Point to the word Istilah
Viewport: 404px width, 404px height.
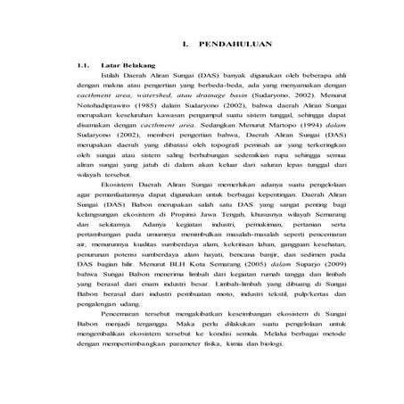pos(115,76)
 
